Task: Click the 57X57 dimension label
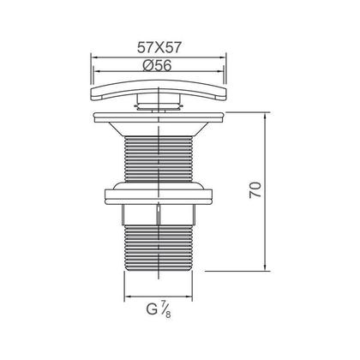coord(159,47)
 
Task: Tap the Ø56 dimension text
coord(157,66)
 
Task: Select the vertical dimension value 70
coord(255,189)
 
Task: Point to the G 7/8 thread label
coord(159,309)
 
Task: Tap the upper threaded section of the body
coord(159,159)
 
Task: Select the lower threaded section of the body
coord(159,247)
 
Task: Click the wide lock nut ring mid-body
coord(159,195)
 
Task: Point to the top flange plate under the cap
coord(159,117)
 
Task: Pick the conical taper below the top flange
coord(159,129)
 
